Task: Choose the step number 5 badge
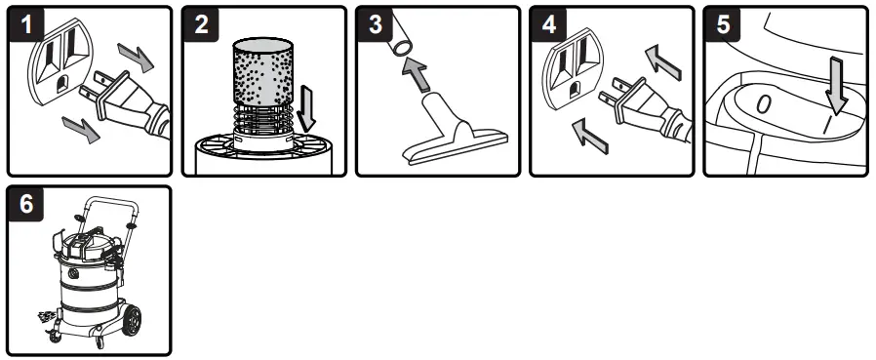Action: tap(722, 23)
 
